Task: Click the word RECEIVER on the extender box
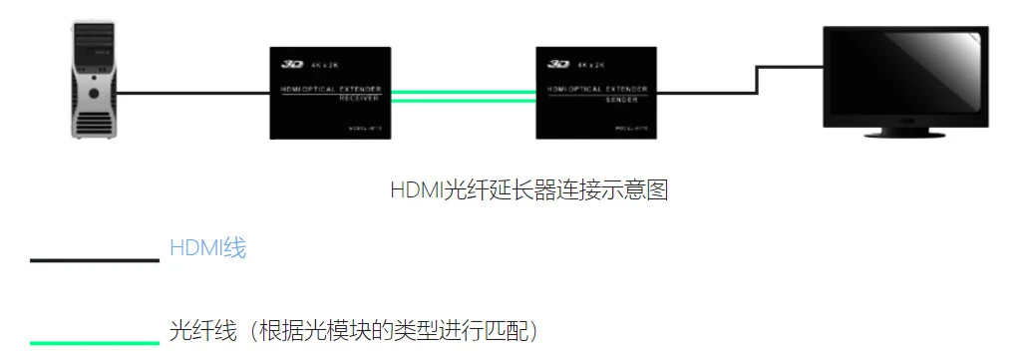330,100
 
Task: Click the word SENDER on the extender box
596,100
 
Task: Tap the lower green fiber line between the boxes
463,99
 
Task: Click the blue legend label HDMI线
207,248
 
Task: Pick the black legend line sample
95,260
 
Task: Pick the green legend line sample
95,342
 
